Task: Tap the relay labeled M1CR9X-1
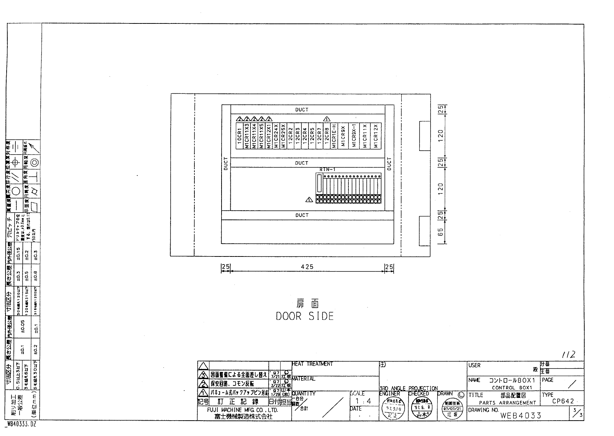354,136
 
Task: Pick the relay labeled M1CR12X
376,136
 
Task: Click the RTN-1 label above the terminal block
328,170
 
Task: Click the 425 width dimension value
307,267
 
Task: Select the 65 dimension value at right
441,232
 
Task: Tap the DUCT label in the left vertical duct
226,164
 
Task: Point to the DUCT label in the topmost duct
302,110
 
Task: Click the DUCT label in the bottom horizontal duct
302,215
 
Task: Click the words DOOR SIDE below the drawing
305,316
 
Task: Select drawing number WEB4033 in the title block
520,415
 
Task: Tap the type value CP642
563,401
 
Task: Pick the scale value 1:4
363,401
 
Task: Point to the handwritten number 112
568,355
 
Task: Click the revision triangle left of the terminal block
309,200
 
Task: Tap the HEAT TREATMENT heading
313,364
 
